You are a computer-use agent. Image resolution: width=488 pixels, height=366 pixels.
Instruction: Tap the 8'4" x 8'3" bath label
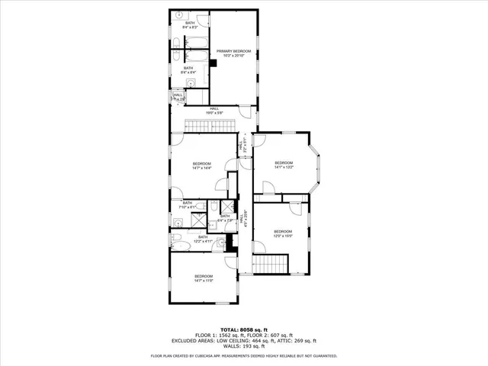pos(190,25)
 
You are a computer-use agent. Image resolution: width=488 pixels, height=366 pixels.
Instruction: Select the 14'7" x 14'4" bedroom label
pos(201,166)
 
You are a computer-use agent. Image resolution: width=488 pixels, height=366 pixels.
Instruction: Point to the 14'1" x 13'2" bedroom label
pos(284,165)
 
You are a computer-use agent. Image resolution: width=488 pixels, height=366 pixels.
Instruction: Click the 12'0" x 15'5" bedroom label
pos(283,233)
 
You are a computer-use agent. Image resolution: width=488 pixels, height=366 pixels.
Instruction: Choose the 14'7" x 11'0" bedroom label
pos(204,278)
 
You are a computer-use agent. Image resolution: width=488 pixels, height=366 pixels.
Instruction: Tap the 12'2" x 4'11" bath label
pos(203,239)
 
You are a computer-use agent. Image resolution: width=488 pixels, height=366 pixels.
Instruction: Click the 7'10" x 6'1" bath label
pos(188,204)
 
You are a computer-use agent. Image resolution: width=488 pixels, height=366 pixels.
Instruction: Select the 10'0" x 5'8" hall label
pos(215,111)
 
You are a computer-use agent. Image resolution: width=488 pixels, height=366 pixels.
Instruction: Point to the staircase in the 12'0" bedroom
pos(271,265)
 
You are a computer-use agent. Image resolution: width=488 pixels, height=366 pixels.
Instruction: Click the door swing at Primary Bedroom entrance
pos(246,111)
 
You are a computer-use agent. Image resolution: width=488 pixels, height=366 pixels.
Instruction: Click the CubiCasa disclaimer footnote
pos(244,355)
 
